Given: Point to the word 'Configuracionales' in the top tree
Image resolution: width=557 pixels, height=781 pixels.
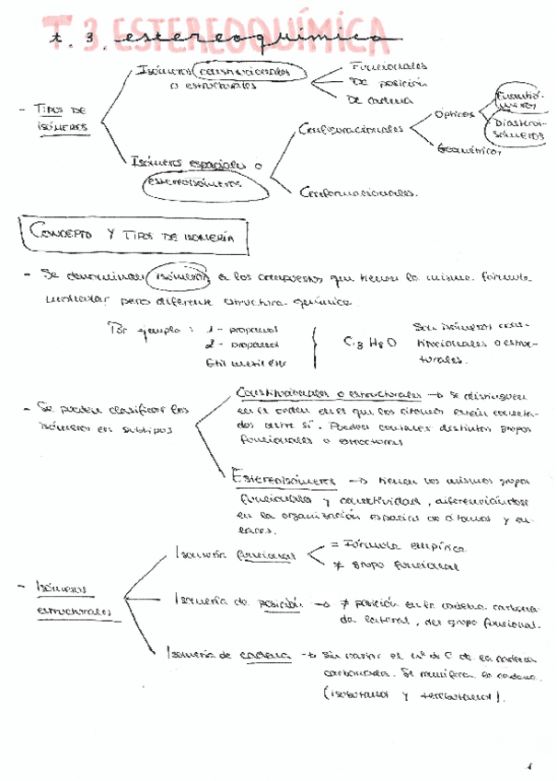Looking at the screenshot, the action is (x=352, y=130).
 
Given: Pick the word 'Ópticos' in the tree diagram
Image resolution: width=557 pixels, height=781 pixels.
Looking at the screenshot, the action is (x=455, y=114).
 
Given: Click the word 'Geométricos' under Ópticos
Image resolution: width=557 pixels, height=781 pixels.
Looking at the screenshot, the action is (x=470, y=149).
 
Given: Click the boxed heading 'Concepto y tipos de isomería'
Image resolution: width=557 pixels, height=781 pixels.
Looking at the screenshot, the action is (x=138, y=236).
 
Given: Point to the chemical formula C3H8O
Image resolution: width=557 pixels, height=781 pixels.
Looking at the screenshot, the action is (x=368, y=343).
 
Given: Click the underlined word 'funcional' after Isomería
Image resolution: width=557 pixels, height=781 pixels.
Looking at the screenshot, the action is (x=265, y=555).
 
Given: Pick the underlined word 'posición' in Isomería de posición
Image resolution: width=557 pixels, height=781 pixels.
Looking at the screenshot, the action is (x=279, y=602).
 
